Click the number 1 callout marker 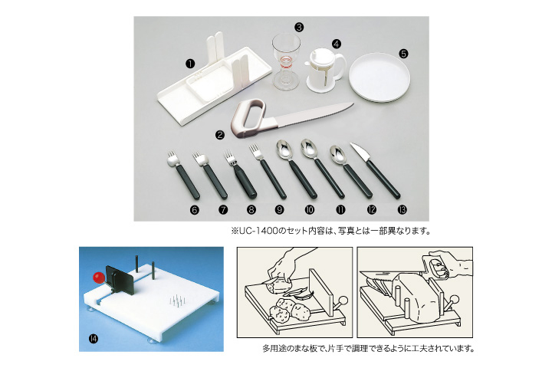pyautogui.click(x=190, y=64)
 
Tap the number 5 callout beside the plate pyautogui.click(x=403, y=54)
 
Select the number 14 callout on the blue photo pyautogui.click(x=94, y=339)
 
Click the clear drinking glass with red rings pyautogui.click(x=285, y=61)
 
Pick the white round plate pyautogui.click(x=379, y=78)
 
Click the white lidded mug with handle pyautogui.click(x=324, y=70)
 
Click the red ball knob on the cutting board pyautogui.click(x=99, y=278)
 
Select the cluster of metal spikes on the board pyautogui.click(x=177, y=301)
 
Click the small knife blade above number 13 pyautogui.click(x=360, y=152)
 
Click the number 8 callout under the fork pyautogui.click(x=251, y=210)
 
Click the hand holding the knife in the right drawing pyautogui.click(x=449, y=264)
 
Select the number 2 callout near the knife pyautogui.click(x=220, y=134)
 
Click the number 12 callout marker pyautogui.click(x=371, y=210)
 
